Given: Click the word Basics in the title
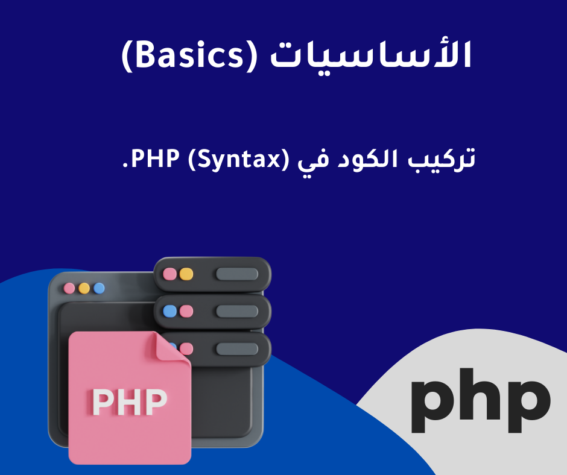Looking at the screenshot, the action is [189, 55].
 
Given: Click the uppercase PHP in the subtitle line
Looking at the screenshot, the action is [155, 158].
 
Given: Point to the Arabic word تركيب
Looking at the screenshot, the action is [442, 159].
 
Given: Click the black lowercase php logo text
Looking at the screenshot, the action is [481, 400].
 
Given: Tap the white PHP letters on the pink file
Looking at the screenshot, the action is [130, 401].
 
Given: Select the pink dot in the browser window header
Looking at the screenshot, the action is [69, 289].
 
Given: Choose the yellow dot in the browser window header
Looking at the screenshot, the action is [84, 289].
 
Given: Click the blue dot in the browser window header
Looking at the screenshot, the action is [99, 289].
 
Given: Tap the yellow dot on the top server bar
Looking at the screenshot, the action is [186, 274].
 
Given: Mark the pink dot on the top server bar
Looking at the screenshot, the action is [169, 274].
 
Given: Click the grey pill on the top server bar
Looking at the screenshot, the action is [237, 274].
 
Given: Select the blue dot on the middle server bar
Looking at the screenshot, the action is [169, 311].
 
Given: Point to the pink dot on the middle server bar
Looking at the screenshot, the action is [186, 311].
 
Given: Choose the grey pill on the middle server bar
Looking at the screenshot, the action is [237, 311].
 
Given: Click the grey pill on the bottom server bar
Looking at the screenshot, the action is [237, 349].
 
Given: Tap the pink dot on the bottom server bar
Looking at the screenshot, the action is [186, 349].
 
